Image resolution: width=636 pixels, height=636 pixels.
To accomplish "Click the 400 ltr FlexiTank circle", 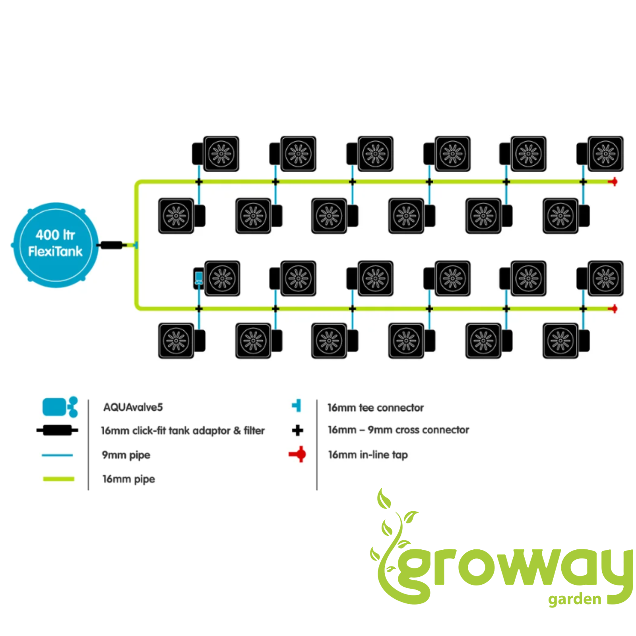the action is (x=55, y=245).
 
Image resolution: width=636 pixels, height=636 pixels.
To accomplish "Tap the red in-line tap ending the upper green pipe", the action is (x=613, y=182).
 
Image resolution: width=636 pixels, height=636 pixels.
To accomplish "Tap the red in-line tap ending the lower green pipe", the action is (x=613, y=308).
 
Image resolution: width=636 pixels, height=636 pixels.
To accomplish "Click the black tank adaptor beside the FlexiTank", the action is (x=111, y=245).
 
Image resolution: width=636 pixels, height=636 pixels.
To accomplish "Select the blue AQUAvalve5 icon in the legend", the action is (x=60, y=407).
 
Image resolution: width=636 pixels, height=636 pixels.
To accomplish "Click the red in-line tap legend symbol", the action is (x=298, y=454).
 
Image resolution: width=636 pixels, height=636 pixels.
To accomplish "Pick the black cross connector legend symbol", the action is (x=297, y=430).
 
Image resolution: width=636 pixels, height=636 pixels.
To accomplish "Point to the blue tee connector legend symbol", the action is (x=297, y=406).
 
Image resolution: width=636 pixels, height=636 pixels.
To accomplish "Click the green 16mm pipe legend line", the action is (x=58, y=479).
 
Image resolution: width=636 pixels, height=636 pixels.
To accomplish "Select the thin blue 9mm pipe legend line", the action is (x=57, y=455).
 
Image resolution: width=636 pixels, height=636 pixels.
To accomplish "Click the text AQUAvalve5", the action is (x=133, y=407).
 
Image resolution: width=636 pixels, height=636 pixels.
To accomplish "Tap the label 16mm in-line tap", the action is (x=368, y=455).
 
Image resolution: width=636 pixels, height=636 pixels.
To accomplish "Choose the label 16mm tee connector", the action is (x=376, y=407).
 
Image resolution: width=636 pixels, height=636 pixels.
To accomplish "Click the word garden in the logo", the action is (x=574, y=599).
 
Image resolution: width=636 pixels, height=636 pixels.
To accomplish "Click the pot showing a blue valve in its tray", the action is (x=217, y=278).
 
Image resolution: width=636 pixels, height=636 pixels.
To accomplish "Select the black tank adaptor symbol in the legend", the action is (x=57, y=430).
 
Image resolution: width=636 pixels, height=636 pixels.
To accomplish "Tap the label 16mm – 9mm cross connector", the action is (x=398, y=430).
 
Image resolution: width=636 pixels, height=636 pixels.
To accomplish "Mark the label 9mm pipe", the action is (x=126, y=455).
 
